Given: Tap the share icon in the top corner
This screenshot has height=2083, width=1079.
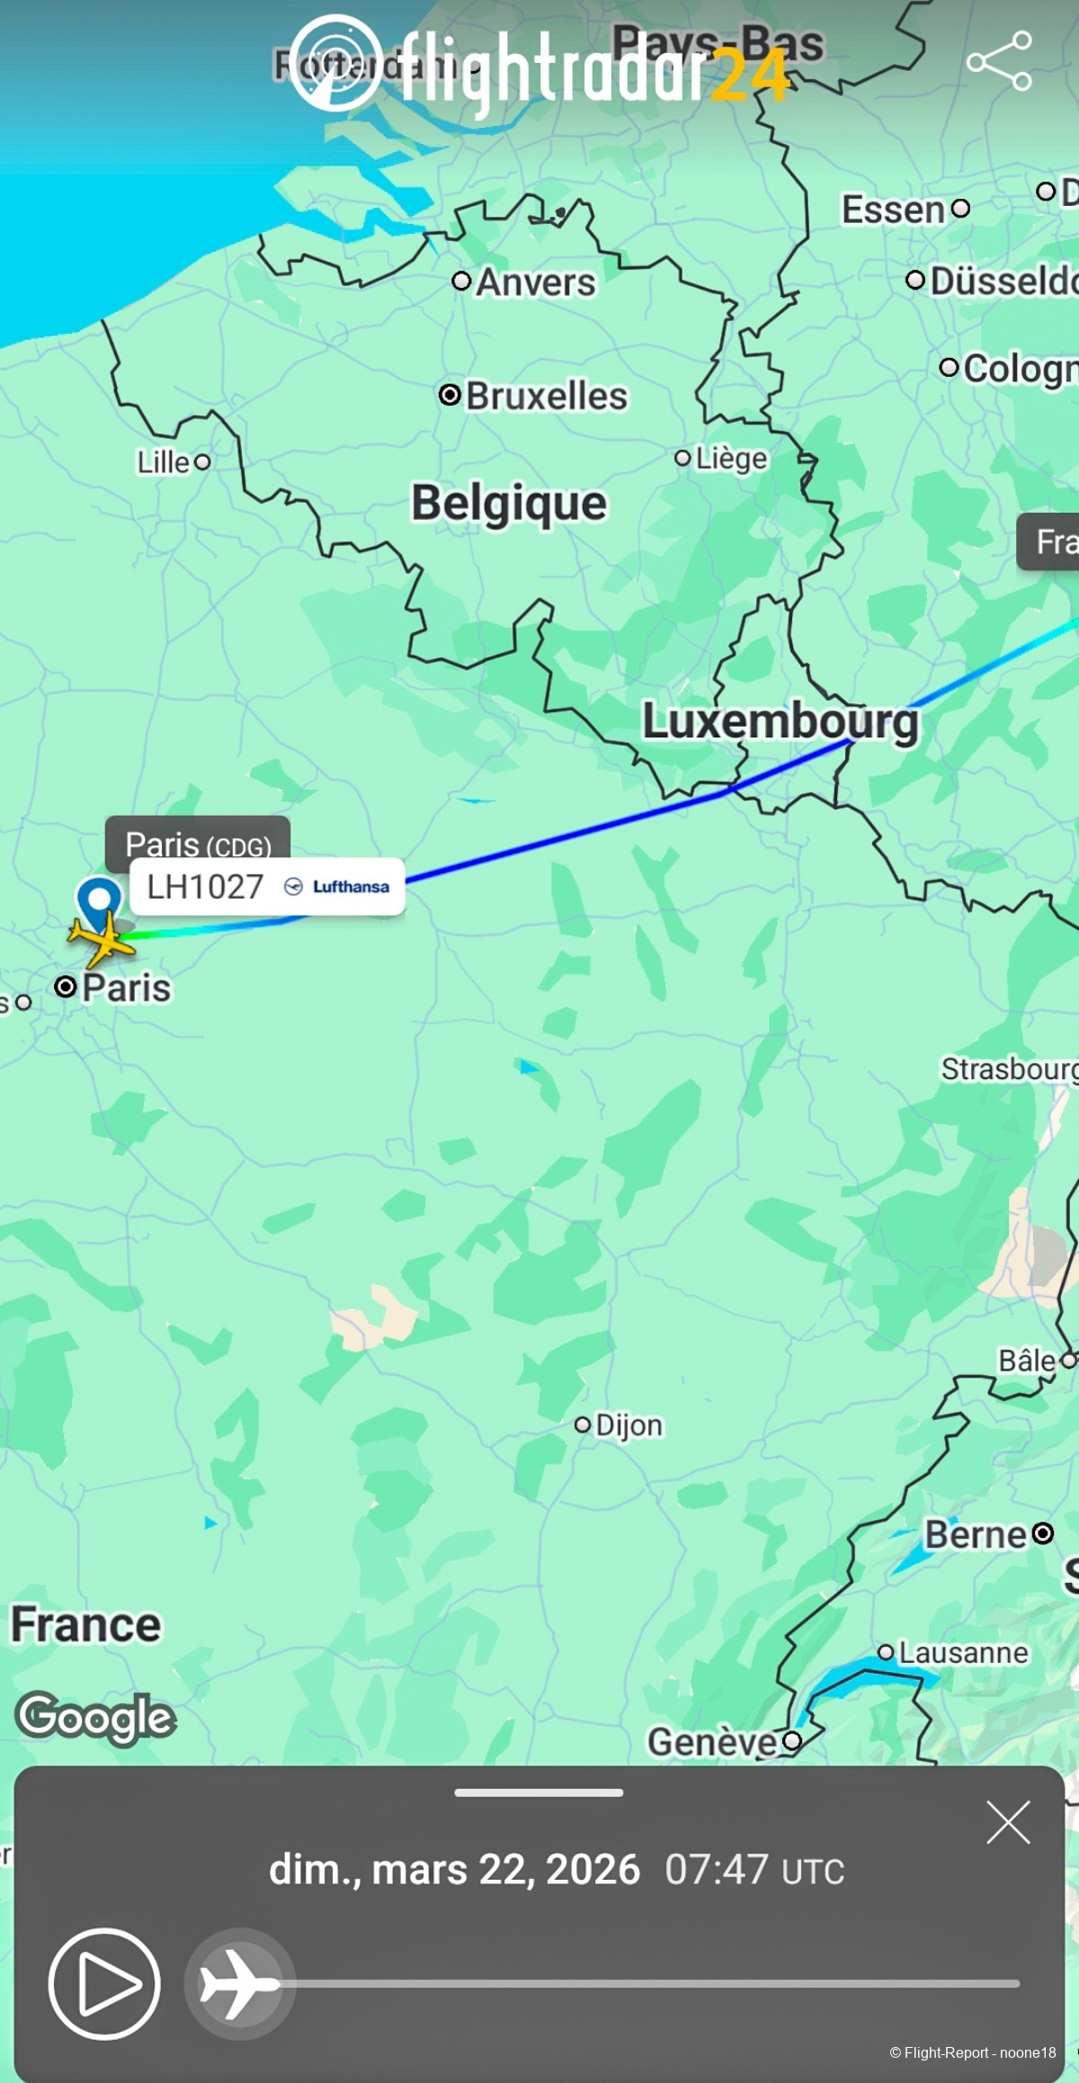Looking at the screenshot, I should [999, 61].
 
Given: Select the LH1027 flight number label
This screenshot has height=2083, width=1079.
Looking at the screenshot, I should [205, 887].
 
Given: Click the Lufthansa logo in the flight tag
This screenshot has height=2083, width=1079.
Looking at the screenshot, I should [337, 887].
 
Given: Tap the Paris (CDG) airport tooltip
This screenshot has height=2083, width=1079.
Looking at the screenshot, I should [198, 844].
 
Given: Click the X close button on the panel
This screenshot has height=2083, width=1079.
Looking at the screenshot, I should [1008, 1823].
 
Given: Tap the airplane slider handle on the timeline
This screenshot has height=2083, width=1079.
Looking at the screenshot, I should [239, 1983].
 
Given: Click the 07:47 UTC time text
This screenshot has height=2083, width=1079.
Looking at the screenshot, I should [754, 1870].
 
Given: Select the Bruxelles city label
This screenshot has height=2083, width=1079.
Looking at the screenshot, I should [545, 396].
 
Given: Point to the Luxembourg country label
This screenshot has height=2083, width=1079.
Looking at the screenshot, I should [780, 721].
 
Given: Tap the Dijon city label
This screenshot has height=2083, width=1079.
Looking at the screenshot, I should [628, 1426].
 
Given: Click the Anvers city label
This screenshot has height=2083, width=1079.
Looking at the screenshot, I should [535, 282].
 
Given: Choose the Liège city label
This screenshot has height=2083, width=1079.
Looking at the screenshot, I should [730, 459].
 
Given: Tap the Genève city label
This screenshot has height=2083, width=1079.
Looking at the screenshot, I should [711, 1741].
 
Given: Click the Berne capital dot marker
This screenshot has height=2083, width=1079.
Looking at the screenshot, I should [1042, 1533].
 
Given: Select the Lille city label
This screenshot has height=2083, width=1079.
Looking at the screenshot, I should [164, 462].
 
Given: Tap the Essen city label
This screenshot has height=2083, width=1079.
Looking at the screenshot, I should [893, 210].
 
